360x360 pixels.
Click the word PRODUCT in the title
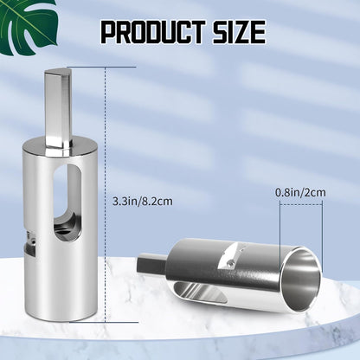click(153, 32)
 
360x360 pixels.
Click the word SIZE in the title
click(239, 32)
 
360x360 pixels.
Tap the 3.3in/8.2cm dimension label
click(142, 201)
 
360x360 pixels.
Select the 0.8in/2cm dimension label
click(300, 192)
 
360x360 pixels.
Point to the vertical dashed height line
click(106, 195)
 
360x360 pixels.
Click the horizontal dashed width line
click(301, 204)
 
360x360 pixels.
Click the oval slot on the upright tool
click(67, 202)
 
